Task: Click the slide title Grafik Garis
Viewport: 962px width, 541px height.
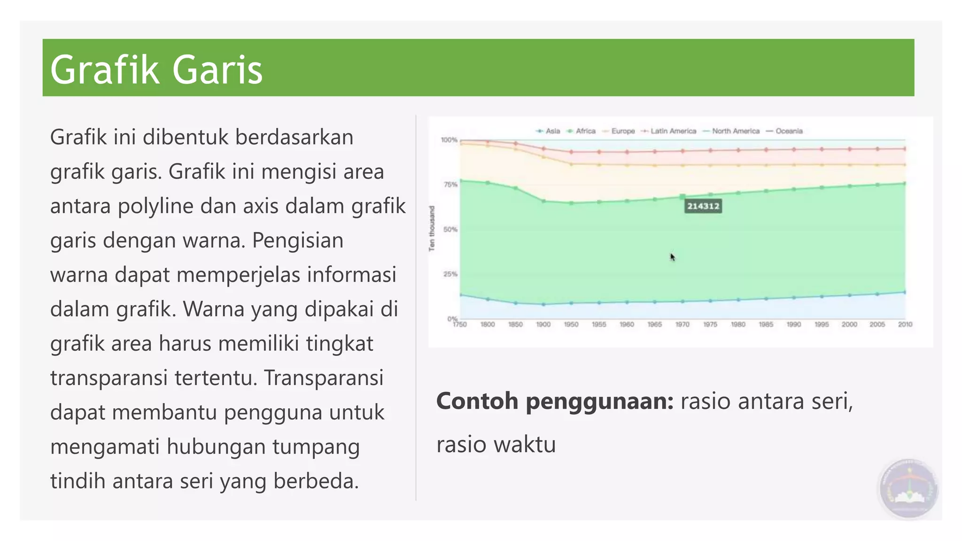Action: (156, 70)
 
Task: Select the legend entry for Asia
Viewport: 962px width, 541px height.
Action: (548, 131)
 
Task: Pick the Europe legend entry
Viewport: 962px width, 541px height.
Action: (619, 131)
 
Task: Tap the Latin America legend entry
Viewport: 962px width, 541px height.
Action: (669, 131)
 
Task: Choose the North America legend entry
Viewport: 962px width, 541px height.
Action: (731, 131)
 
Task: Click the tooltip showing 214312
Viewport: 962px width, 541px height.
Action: (703, 206)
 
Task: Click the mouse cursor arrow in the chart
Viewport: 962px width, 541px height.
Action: (673, 257)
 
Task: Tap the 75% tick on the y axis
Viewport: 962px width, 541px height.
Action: (450, 185)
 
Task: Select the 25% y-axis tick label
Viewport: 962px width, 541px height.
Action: (450, 274)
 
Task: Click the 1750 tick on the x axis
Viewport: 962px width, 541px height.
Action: (459, 325)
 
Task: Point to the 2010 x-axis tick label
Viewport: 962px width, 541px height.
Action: (905, 325)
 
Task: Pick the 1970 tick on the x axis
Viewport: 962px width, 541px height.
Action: (682, 325)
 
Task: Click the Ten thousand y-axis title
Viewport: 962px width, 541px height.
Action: (432, 229)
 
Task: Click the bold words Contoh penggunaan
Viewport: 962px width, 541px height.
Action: (555, 401)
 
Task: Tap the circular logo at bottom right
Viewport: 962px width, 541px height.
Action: (908, 489)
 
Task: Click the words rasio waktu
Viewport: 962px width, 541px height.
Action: (496, 444)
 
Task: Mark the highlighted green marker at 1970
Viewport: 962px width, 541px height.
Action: (683, 197)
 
